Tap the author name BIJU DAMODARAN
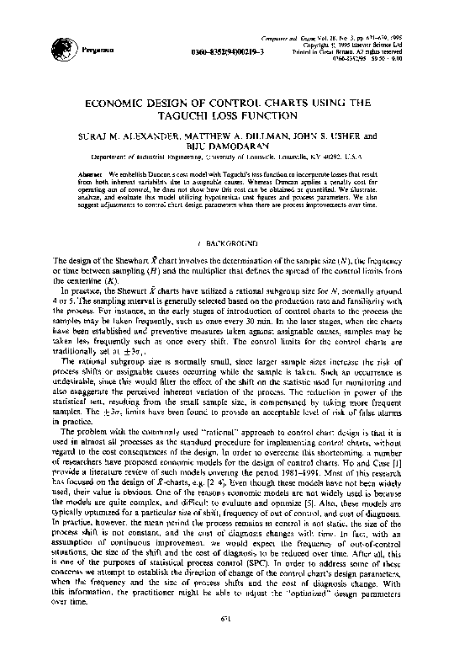[x=227, y=146]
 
